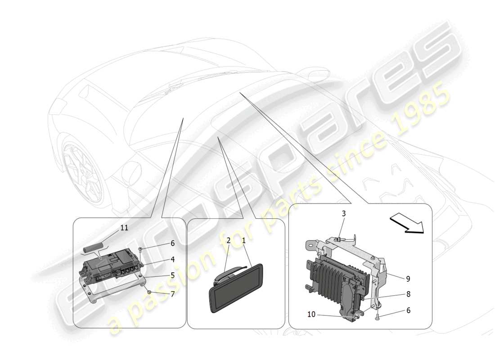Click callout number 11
[124, 228]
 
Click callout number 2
[229, 241]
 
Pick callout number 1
[243, 241]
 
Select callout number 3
[343, 213]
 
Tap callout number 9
[408, 279]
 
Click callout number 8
[408, 294]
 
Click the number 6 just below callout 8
[408, 310]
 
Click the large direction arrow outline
[407, 224]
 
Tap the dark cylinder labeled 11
[93, 247]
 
